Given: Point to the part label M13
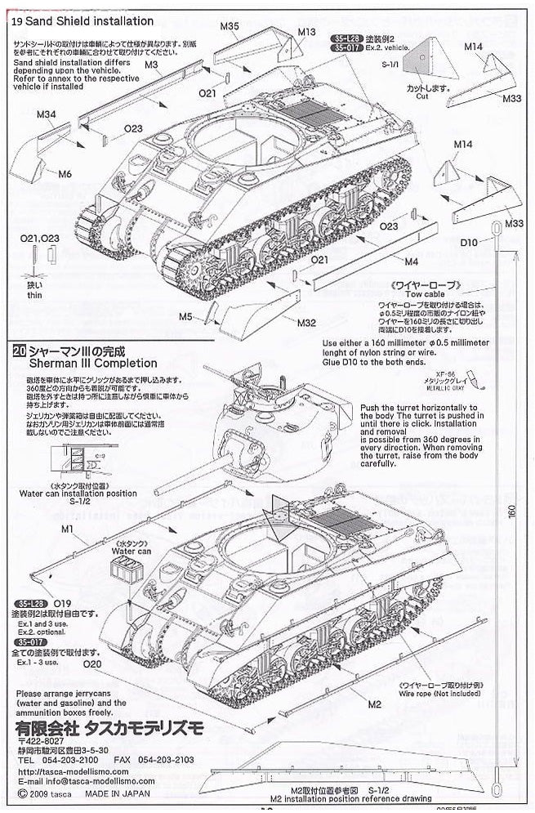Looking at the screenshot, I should (306, 32).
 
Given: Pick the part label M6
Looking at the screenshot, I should (65, 173).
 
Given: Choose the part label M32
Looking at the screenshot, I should (306, 323).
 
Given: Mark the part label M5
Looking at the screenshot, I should (186, 316).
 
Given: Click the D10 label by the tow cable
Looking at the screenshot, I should (469, 243).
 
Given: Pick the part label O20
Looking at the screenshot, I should (91, 664).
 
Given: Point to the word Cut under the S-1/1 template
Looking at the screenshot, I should (421, 96).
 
